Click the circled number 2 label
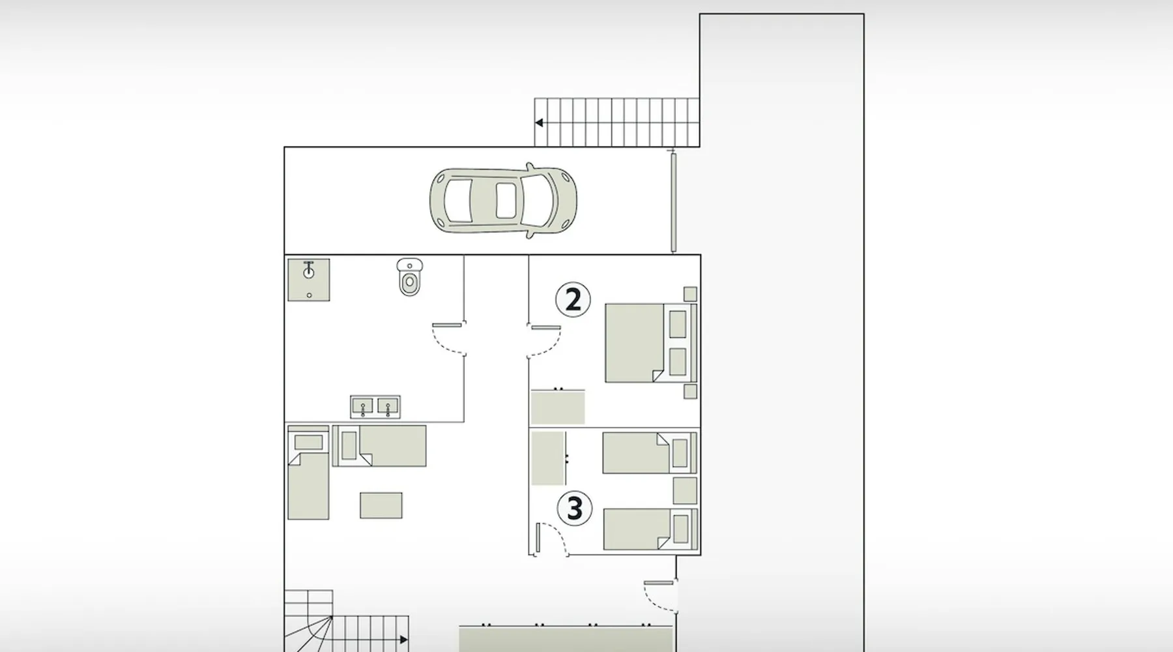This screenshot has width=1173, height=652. pos(573,300)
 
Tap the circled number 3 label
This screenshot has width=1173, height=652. pos(574,509)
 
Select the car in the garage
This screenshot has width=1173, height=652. pos(503,200)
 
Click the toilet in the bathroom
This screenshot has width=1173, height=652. pos(409,276)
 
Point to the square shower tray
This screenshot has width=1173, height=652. pos(309,280)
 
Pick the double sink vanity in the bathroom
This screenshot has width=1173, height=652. pos(375,407)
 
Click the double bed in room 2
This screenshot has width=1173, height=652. pos(651,342)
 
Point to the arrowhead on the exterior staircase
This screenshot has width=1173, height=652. pos(539,123)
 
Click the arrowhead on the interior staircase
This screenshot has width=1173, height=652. pos(403,640)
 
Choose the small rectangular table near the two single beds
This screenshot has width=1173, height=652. pos(381,505)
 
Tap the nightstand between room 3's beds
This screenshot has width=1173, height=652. pos(685,490)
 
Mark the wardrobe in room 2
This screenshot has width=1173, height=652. pos(557,406)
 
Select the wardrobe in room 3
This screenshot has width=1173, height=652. pos(548,458)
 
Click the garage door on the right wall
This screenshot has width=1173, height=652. pos(674,202)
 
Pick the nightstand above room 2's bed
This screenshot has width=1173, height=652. pos(690,294)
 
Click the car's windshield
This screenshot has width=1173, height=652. pos(530,200)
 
